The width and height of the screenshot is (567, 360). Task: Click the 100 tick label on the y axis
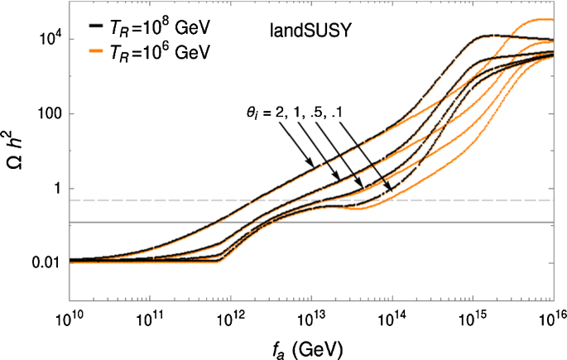coord(46,114)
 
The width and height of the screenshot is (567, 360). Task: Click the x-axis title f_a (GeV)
coord(310,349)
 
